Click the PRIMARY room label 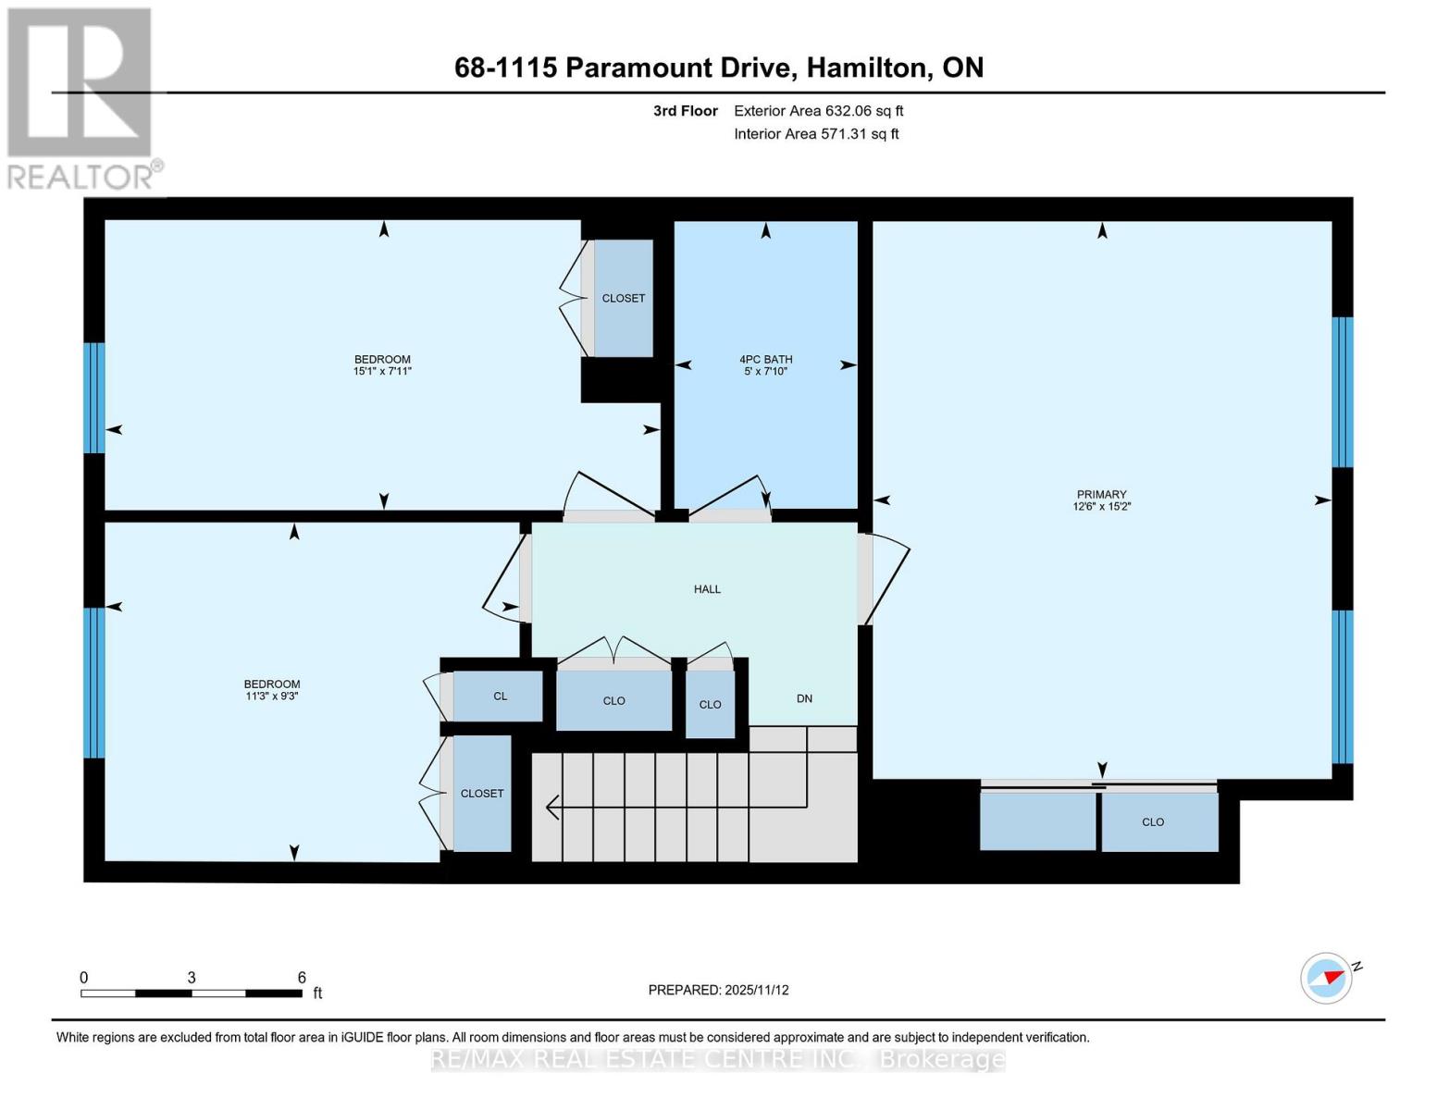(x=1101, y=494)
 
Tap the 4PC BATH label (x=765, y=359)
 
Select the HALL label (x=707, y=589)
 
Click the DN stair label (x=804, y=698)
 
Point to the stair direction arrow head (x=552, y=808)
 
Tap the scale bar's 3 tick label (x=192, y=978)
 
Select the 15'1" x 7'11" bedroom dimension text (x=382, y=371)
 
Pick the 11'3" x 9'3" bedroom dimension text (x=272, y=697)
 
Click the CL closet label (x=500, y=696)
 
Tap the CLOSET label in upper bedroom (x=623, y=298)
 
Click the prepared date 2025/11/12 (x=756, y=990)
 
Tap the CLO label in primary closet (x=1152, y=821)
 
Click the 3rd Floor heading (x=685, y=111)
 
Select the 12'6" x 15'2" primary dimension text (x=1101, y=506)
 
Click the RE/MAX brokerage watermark (x=718, y=1059)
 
